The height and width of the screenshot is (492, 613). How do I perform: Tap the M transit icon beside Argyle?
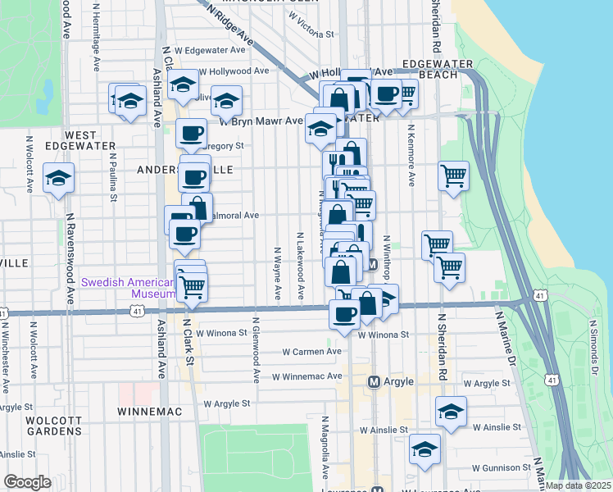pyautogui.click(x=375, y=382)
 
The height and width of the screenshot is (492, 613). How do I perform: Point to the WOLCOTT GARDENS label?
pyautogui.click(x=53, y=426)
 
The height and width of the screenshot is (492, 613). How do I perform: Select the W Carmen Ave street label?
pyautogui.click(x=311, y=352)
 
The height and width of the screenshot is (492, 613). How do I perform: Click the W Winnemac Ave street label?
pyautogui.click(x=305, y=376)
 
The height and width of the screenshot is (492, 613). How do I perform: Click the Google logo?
pyautogui.click(x=27, y=482)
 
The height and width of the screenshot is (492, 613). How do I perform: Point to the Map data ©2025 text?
pyautogui.click(x=577, y=485)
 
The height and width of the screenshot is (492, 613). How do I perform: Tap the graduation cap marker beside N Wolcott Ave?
pyautogui.click(x=58, y=179)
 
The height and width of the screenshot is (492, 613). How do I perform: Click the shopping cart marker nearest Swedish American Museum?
pyautogui.click(x=192, y=286)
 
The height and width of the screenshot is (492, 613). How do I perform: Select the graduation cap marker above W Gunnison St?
pyautogui.click(x=425, y=449)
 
